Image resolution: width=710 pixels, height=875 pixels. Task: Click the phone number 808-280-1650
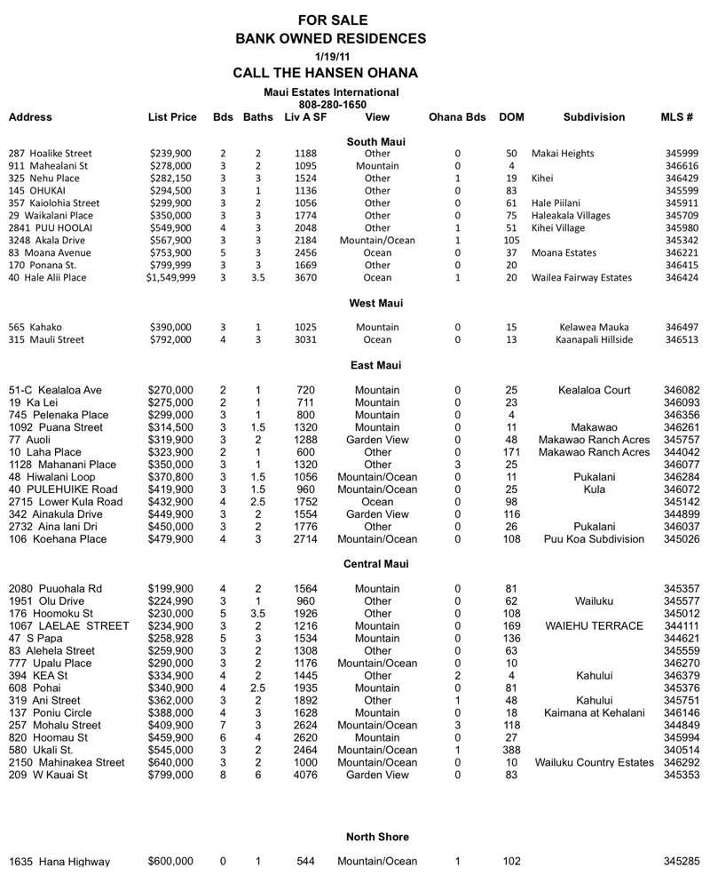pos(331,104)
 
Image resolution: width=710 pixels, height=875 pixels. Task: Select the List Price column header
pos(172,117)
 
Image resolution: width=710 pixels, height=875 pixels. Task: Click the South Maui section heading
pos(375,141)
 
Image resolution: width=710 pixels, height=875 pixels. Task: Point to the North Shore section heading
pos(377,837)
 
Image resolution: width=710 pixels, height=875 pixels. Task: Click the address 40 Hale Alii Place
pos(47,278)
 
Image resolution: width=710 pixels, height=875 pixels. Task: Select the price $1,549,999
pos(171,278)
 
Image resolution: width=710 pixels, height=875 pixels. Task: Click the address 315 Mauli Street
pos(45,339)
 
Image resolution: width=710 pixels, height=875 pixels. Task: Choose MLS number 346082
pos(682,390)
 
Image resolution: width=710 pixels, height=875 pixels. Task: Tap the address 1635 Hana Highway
pos(59,862)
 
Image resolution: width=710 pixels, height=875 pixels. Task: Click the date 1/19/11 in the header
pos(331,56)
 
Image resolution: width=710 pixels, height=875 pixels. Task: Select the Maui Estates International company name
pos(331,92)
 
